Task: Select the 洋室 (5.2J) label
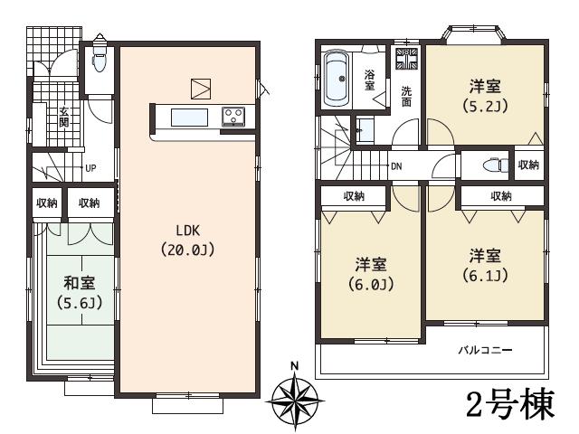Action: pos(487,94)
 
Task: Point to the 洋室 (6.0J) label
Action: pos(370,274)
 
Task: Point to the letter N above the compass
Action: pos(295,366)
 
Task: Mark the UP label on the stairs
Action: pos(90,168)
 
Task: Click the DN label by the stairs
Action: pos(396,166)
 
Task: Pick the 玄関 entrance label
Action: pos(64,116)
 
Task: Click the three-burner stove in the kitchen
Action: pos(233,115)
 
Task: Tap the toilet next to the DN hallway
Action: pos(489,166)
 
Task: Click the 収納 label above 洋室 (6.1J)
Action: pos(500,195)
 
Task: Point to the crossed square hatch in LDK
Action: pos(201,88)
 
